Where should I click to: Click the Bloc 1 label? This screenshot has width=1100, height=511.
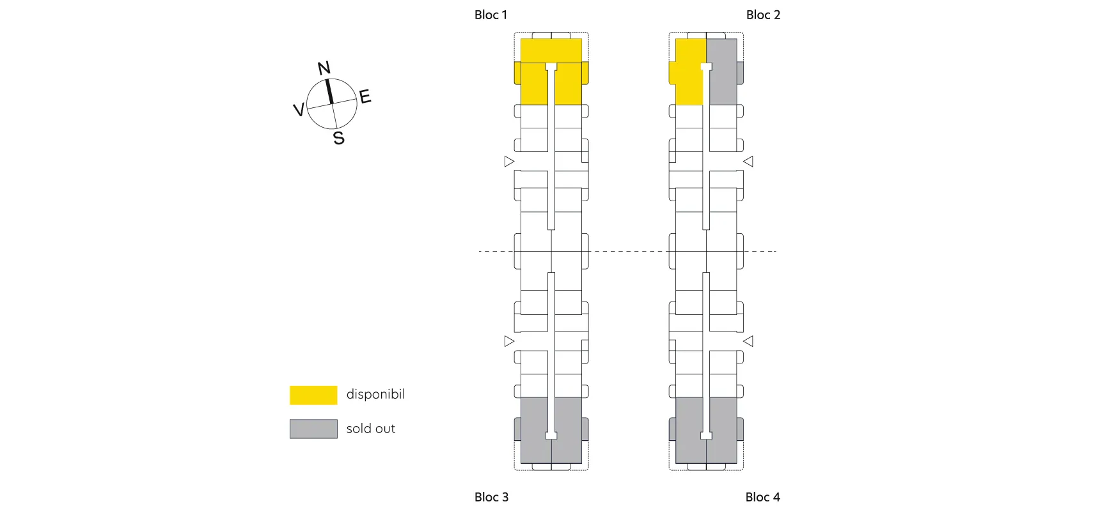(491, 15)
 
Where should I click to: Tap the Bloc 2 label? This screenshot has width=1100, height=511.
(763, 15)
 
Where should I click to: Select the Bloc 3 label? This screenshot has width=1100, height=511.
(491, 497)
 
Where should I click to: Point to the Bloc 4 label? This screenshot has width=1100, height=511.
(762, 497)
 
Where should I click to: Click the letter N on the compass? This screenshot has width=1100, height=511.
(324, 68)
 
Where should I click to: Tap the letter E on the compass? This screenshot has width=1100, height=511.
(365, 96)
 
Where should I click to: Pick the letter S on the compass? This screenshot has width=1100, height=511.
(339, 138)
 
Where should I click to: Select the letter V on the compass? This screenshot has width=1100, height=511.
(298, 110)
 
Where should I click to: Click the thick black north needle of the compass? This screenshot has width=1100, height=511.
(329, 91)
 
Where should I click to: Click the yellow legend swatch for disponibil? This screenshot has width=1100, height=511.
(313, 395)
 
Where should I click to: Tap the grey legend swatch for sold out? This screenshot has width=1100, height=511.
(313, 429)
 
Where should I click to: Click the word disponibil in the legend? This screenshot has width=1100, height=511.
(375, 394)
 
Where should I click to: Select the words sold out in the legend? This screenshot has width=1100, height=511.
(371, 429)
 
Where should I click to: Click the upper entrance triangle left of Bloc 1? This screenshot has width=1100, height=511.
(509, 162)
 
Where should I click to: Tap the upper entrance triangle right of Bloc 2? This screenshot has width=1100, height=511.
(748, 162)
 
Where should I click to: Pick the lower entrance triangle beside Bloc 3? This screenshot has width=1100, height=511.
(509, 341)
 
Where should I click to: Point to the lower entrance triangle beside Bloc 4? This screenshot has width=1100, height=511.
(748, 341)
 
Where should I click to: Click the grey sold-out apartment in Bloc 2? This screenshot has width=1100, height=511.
(723, 72)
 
